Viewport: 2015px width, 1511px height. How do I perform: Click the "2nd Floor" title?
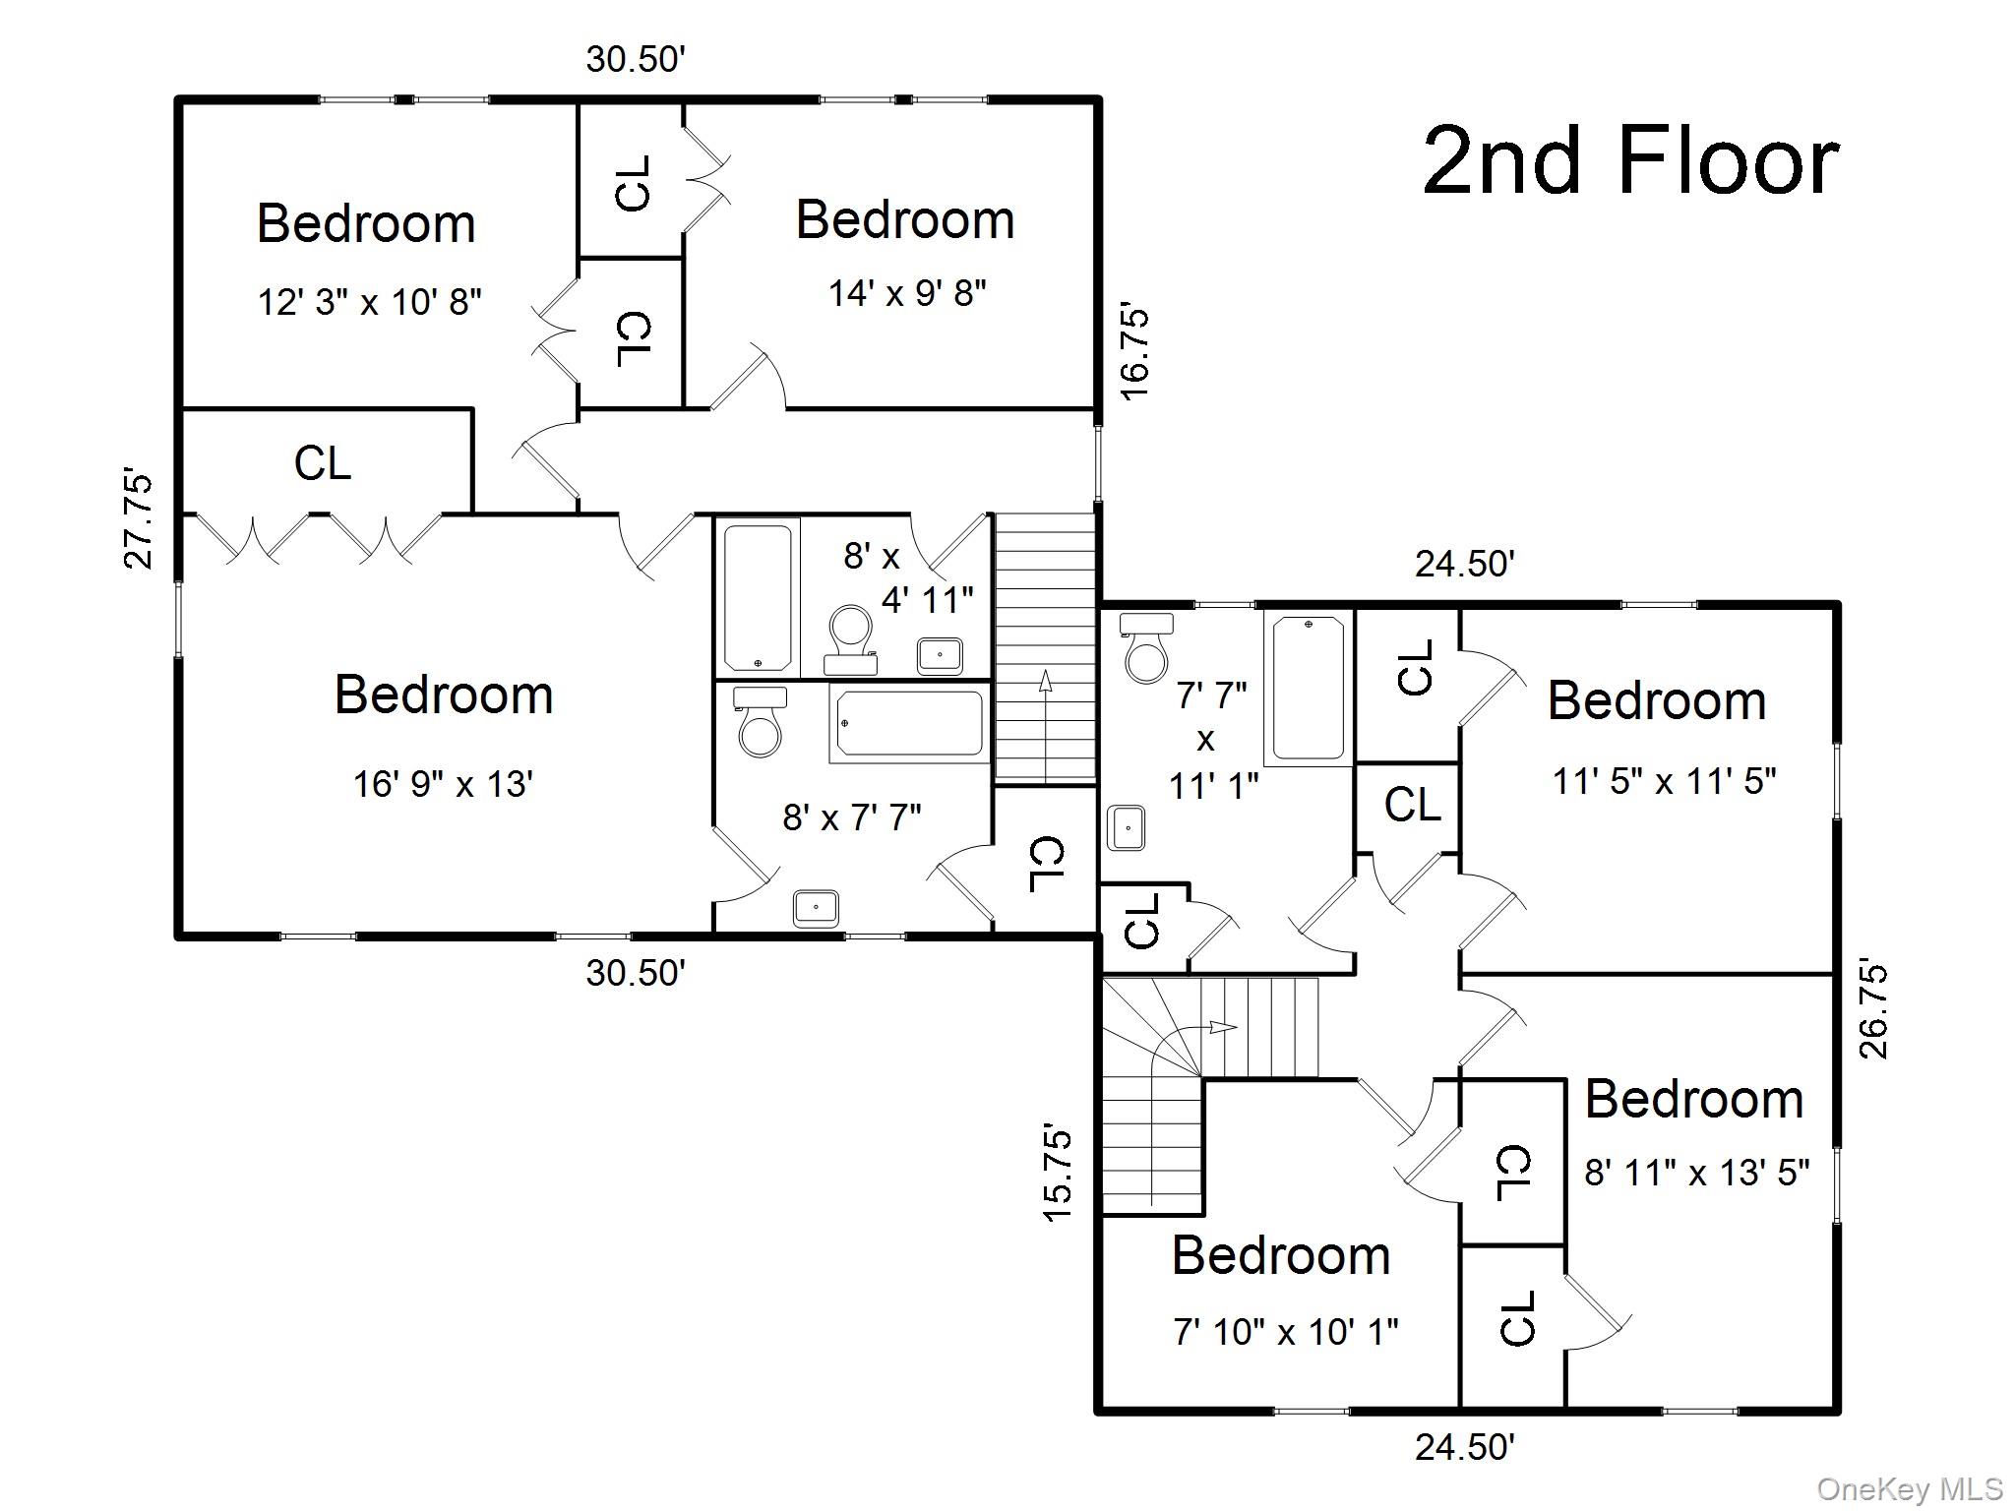pyautogui.click(x=1630, y=162)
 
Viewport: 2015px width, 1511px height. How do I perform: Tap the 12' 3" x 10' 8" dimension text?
pyautogui.click(x=369, y=302)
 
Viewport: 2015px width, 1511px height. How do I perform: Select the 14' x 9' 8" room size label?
pyautogui.click(x=906, y=293)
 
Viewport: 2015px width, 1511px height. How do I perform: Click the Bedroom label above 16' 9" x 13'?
pyautogui.click(x=444, y=695)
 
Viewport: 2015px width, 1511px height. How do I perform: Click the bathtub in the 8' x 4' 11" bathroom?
pyautogui.click(x=757, y=597)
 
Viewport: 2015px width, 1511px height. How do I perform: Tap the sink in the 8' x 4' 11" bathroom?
pyautogui.click(x=940, y=654)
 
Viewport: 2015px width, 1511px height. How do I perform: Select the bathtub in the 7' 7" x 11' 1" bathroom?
pyautogui.click(x=1308, y=688)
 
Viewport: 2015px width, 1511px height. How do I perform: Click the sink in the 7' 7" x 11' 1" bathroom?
pyautogui.click(x=1126, y=827)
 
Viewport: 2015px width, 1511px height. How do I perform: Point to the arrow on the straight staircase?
pyautogui.click(x=1045, y=681)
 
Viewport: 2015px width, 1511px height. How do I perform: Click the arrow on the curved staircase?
pyautogui.click(x=1221, y=1027)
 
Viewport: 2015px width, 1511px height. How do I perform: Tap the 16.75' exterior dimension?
pyautogui.click(x=1134, y=353)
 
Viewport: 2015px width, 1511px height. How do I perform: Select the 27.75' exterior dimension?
pyautogui.click(x=139, y=521)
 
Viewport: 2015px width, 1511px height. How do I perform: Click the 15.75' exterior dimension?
pyautogui.click(x=1057, y=1174)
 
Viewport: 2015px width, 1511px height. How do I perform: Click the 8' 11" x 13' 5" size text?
pyautogui.click(x=1696, y=1174)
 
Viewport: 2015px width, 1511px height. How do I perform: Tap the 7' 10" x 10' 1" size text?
pyautogui.click(x=1285, y=1332)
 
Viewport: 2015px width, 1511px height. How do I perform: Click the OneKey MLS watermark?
pyautogui.click(x=1910, y=1489)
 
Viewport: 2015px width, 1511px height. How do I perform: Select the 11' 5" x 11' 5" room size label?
pyautogui.click(x=1664, y=782)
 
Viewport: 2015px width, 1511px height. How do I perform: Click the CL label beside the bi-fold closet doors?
pyautogui.click(x=323, y=463)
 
